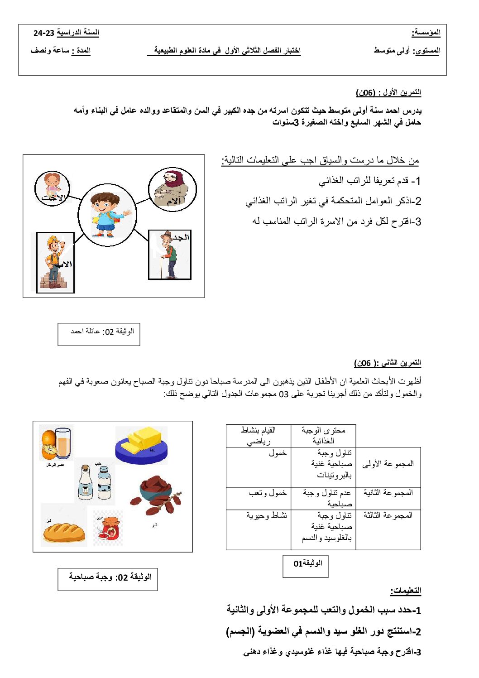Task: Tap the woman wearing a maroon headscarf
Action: point(172,189)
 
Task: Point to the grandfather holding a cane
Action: point(169,255)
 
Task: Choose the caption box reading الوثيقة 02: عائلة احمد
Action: point(99,334)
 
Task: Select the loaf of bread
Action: point(64,532)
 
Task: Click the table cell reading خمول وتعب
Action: point(268,493)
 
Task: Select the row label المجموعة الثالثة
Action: point(388,515)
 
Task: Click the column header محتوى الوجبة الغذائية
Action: point(323,435)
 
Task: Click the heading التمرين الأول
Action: point(388,92)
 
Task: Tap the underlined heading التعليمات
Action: point(406,591)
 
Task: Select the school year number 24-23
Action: point(44,33)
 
